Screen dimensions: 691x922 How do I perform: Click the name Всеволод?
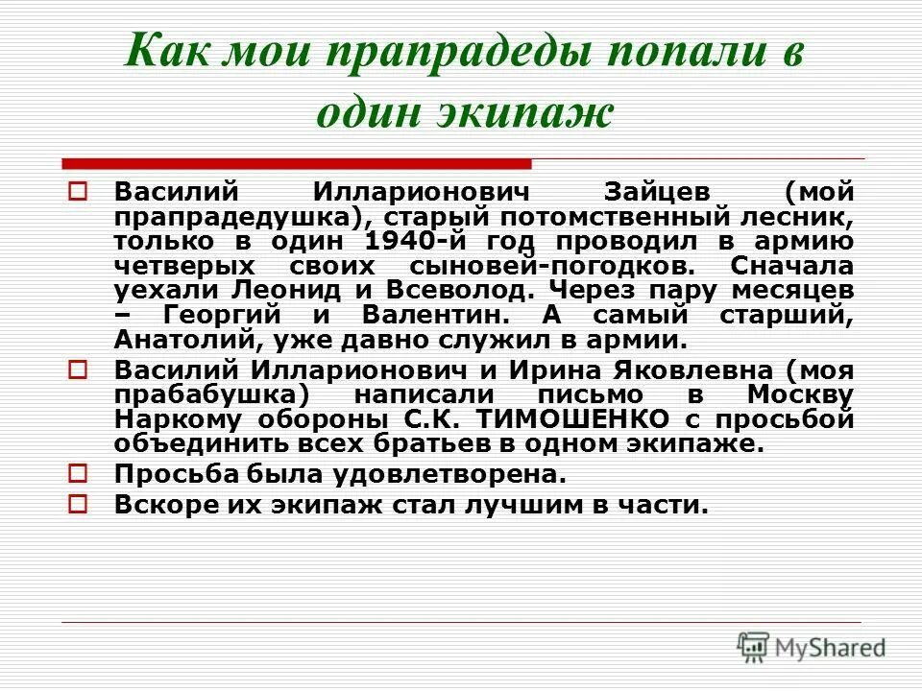(x=424, y=289)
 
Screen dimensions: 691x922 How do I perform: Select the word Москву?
(x=798, y=394)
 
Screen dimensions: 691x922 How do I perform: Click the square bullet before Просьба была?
(x=80, y=473)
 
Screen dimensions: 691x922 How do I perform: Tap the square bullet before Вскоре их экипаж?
(x=80, y=504)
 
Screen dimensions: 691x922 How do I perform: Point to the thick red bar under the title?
(x=296, y=163)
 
